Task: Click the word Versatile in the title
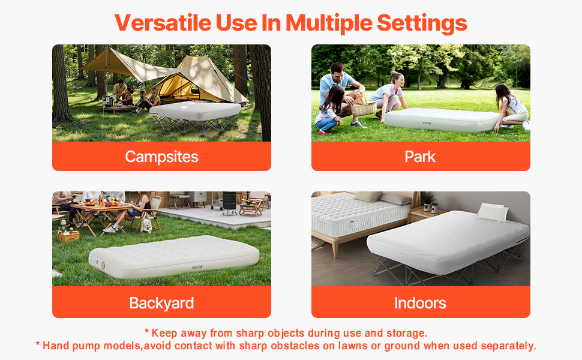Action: click(x=163, y=23)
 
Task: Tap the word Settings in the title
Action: click(x=422, y=23)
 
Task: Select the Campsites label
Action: click(x=161, y=157)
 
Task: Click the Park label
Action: click(x=420, y=157)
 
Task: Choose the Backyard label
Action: click(x=161, y=303)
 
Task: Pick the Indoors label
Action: click(x=420, y=303)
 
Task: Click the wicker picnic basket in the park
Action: click(x=364, y=107)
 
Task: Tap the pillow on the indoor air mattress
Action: click(x=493, y=212)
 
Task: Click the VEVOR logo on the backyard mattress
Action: click(x=197, y=267)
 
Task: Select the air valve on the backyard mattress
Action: click(x=103, y=265)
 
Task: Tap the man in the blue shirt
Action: click(x=340, y=93)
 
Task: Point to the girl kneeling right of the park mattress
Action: click(x=511, y=107)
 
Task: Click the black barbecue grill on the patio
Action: click(x=229, y=203)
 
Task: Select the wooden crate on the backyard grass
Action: click(x=68, y=235)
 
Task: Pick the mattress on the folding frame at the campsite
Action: click(x=195, y=110)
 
